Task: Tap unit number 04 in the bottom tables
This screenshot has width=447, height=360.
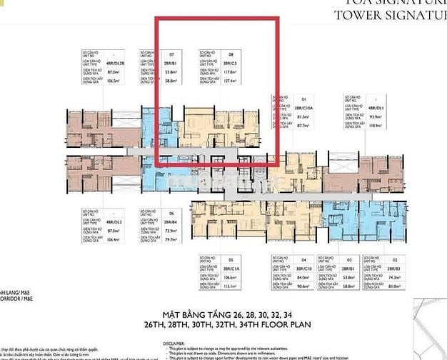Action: point(302,259)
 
